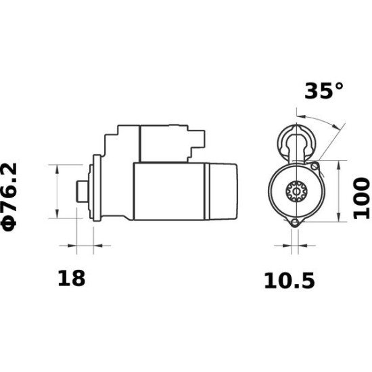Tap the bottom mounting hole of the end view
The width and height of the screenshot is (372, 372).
(294, 224)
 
